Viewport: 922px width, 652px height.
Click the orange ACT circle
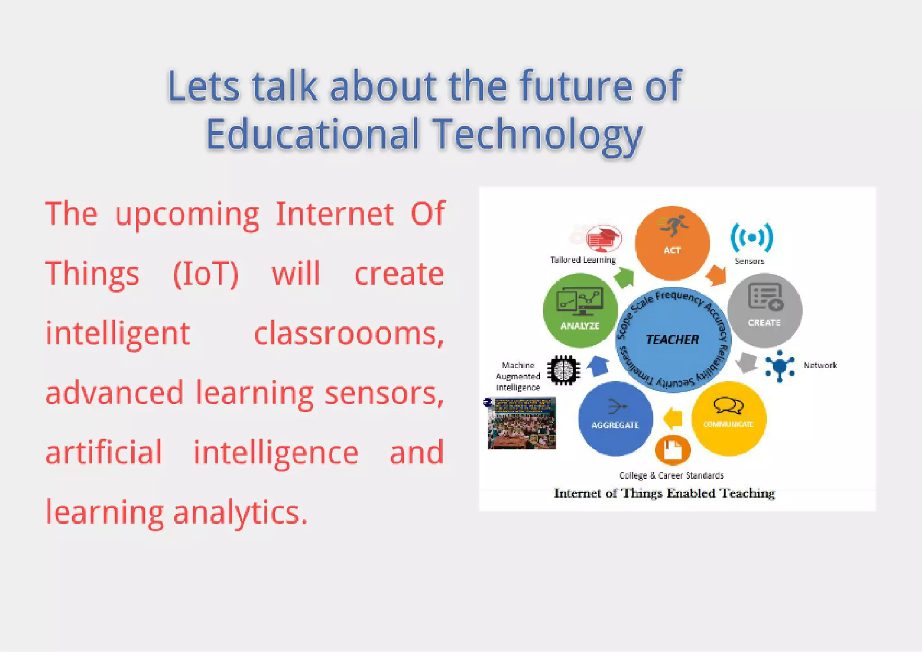672,243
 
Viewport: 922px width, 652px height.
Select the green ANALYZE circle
580,311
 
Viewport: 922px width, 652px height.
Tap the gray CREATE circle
764,310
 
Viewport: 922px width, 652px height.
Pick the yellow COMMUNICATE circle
728,419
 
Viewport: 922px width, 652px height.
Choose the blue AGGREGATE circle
615,419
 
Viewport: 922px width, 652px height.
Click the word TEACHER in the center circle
672,340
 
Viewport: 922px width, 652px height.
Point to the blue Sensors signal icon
751,237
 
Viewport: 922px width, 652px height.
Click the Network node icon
780,366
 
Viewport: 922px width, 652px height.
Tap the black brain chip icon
563,370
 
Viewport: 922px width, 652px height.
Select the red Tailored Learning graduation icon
603,239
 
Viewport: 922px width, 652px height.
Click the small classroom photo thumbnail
522,423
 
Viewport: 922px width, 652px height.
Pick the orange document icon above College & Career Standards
673,450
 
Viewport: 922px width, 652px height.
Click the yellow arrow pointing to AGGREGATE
673,418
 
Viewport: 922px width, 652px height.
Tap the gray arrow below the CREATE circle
747,362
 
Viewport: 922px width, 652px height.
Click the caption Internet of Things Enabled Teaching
664,493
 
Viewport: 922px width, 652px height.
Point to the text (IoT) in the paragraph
206,274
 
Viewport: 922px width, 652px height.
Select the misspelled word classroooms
348,334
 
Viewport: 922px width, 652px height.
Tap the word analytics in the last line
240,512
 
